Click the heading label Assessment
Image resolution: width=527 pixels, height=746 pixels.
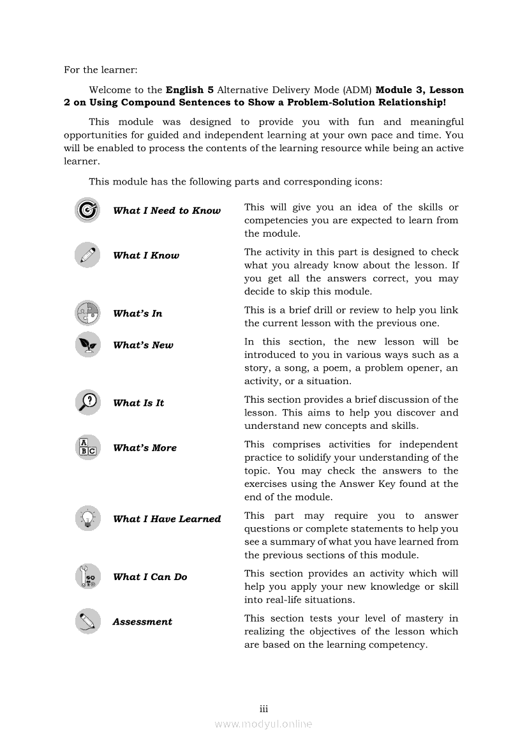pyautogui.click(x=142, y=622)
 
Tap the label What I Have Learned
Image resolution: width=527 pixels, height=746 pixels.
pyautogui.click(x=167, y=519)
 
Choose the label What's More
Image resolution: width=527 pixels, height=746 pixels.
pyautogui.click(x=144, y=448)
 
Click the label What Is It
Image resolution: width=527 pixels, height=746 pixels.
pyautogui.click(x=138, y=403)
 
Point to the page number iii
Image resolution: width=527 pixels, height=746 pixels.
pyautogui.click(x=263, y=709)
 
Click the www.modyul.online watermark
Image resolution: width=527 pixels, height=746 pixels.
pyautogui.click(x=263, y=724)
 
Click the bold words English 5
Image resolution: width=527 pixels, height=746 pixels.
pyautogui.click(x=189, y=90)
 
